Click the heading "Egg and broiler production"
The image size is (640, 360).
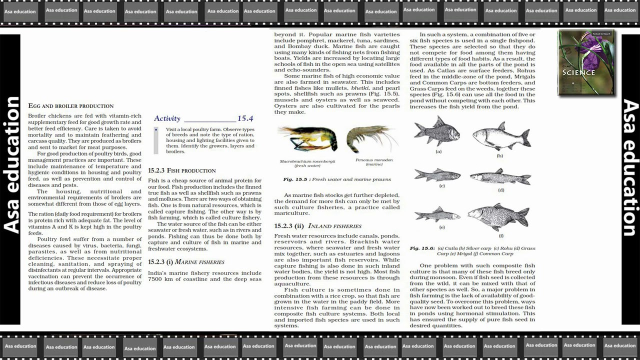click(x=70, y=106)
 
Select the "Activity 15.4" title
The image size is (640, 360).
click(x=203, y=118)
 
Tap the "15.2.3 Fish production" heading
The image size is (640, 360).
click(x=181, y=170)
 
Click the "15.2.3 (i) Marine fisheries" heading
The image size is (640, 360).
click(x=186, y=262)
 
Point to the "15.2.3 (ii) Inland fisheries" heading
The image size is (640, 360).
click(x=317, y=226)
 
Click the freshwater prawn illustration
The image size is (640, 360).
click(x=307, y=139)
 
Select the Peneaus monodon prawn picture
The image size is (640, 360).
click(x=372, y=138)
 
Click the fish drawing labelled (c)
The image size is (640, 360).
click(x=437, y=175)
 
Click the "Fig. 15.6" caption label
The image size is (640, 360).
click(x=421, y=248)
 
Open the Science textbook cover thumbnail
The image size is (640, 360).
click(x=586, y=63)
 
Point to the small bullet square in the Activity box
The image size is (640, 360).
click(x=156, y=130)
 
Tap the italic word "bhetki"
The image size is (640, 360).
click(x=360, y=88)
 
